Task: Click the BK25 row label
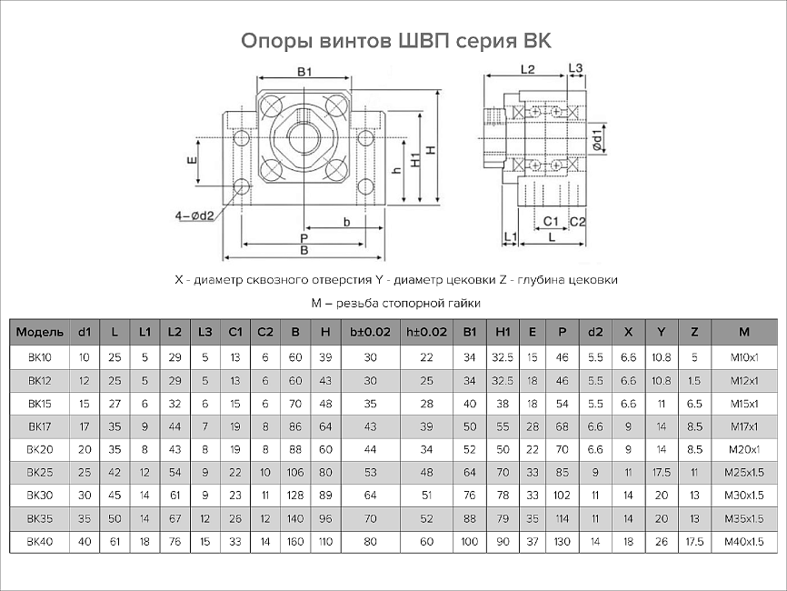(39, 472)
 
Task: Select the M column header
(744, 332)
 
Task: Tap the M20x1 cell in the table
(744, 448)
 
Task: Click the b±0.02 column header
(370, 332)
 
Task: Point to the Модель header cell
(39, 332)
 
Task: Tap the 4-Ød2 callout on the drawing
(194, 215)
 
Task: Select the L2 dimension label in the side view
(527, 69)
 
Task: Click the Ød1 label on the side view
(597, 145)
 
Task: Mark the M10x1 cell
(744, 356)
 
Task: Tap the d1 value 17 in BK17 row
(85, 425)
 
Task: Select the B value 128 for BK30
(295, 496)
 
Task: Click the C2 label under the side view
(577, 221)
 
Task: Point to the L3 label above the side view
(575, 69)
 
